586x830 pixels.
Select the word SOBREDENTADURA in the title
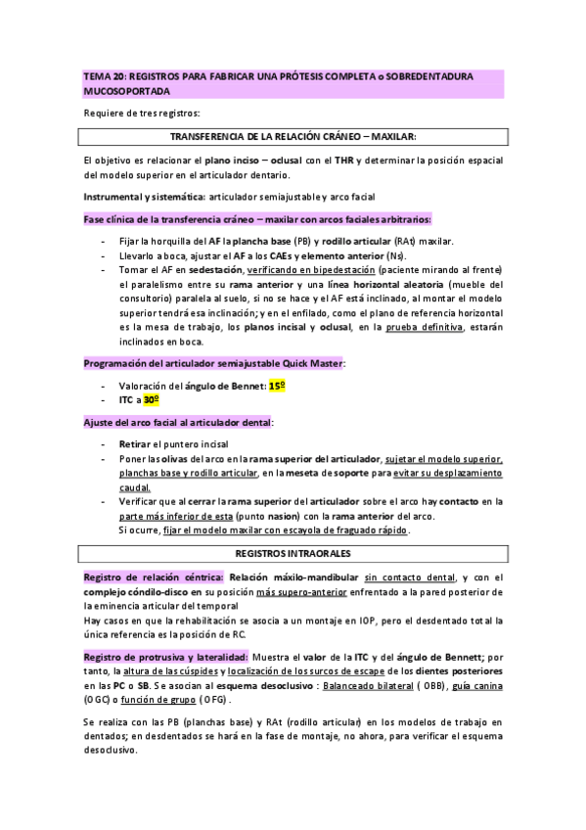click(434, 74)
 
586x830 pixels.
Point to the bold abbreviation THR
click(342, 159)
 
